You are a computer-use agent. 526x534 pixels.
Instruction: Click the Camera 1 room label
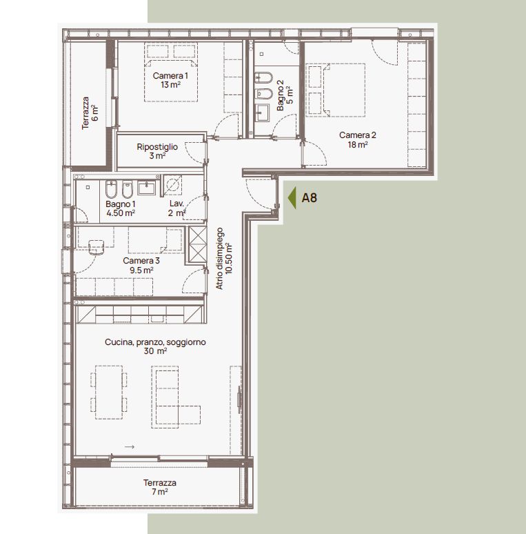click(170, 75)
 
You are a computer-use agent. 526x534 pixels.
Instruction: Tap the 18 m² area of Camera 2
click(358, 145)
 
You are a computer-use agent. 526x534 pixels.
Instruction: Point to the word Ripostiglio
click(157, 146)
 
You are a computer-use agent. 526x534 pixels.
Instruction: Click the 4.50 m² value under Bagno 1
click(121, 213)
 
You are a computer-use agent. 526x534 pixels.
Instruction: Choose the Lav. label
click(177, 204)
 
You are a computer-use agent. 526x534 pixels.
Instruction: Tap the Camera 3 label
click(141, 261)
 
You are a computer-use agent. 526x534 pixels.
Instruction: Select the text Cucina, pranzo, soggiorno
click(155, 342)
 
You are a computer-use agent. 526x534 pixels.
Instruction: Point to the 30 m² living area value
click(156, 351)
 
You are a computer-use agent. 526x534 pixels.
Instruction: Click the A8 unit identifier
click(310, 198)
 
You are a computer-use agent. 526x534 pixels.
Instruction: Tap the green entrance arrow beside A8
click(292, 198)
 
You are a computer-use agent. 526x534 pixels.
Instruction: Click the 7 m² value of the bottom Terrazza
click(160, 493)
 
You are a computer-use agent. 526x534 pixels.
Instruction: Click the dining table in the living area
click(110, 391)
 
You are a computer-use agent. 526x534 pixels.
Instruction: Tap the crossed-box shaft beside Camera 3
click(196, 244)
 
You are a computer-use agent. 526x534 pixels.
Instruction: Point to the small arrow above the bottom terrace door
click(129, 447)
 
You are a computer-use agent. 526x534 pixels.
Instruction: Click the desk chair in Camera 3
click(96, 246)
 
